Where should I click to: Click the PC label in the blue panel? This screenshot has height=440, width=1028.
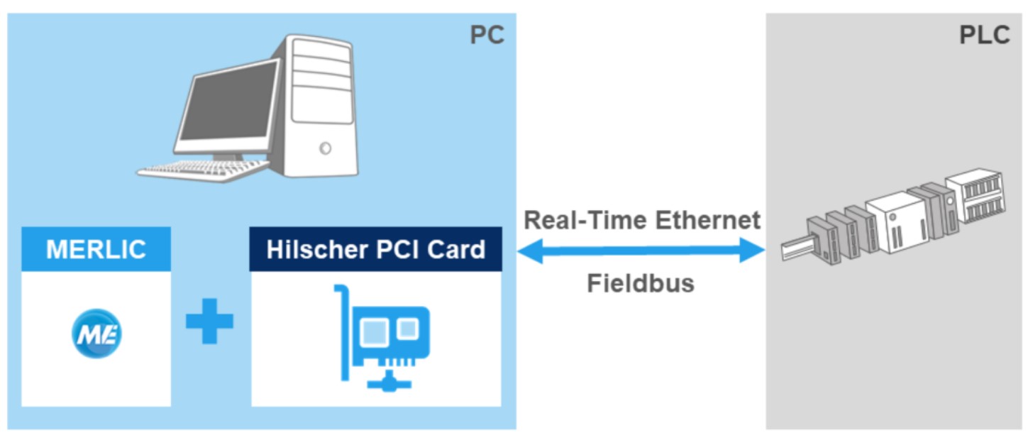[x=487, y=35]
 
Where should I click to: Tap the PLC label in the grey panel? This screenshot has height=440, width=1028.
[x=984, y=35]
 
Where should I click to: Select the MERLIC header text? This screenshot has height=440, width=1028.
[x=96, y=249]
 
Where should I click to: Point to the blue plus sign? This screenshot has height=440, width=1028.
[x=209, y=321]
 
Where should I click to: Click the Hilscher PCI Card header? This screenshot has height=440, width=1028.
[x=376, y=249]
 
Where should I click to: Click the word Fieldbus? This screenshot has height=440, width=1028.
[x=640, y=284]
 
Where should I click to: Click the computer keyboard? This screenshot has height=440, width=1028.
[x=202, y=167]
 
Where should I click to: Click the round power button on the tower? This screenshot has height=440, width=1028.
[x=325, y=148]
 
